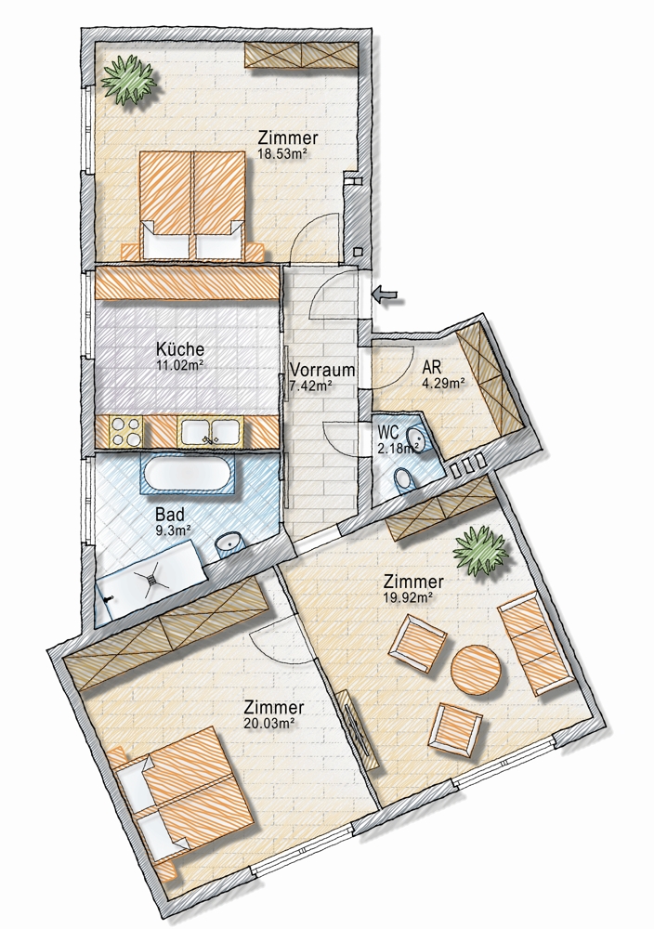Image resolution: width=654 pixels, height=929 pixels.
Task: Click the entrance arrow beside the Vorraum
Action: [x=386, y=293]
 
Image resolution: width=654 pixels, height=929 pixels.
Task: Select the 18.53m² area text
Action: [x=282, y=153]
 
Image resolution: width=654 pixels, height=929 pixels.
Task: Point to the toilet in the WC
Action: [x=402, y=480]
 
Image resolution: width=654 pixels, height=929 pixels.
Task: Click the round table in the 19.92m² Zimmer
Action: [x=477, y=670]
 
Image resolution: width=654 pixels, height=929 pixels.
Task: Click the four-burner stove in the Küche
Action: [x=125, y=431]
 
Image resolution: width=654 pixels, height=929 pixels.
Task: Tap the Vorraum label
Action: [x=322, y=371]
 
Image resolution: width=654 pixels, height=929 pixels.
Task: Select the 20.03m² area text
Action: [x=269, y=723]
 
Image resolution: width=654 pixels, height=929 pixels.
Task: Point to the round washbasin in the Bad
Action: [x=229, y=543]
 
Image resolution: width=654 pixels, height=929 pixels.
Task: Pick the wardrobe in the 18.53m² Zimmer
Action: [x=302, y=56]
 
